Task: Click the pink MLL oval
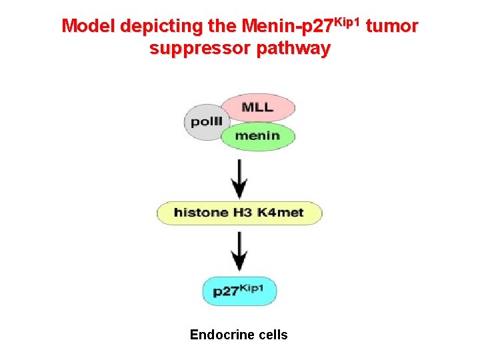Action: (257, 107)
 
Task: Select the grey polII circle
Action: (205, 122)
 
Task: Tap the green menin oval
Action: (257, 136)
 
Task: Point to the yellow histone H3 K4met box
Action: (239, 213)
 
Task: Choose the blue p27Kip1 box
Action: (239, 291)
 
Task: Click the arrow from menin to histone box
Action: (239, 177)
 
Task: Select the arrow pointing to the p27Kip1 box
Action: (239, 252)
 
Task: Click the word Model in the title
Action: (89, 27)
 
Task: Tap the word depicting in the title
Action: (153, 27)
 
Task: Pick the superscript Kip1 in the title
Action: (348, 22)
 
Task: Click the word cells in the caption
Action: (273, 335)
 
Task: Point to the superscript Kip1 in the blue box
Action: (254, 287)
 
